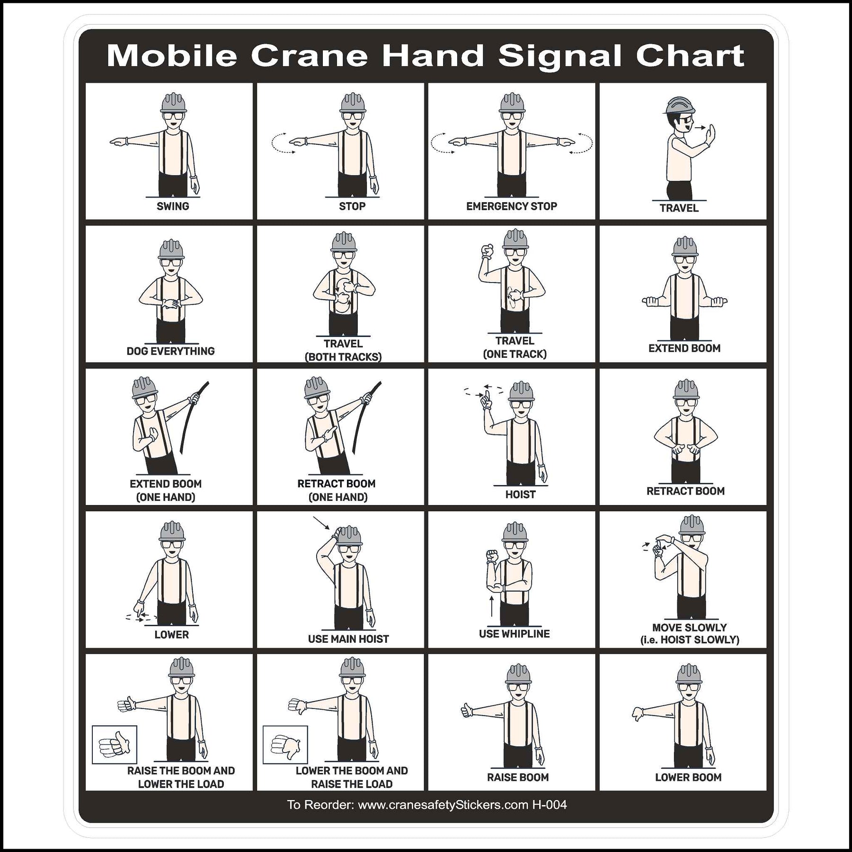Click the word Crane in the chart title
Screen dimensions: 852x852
[309, 56]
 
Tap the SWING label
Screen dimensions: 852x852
[173, 206]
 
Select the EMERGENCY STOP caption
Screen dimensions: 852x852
[511, 206]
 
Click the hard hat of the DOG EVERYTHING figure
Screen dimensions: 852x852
[171, 249]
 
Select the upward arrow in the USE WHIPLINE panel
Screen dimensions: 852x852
[492, 606]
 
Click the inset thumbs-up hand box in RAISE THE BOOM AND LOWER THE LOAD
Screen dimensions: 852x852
[115, 745]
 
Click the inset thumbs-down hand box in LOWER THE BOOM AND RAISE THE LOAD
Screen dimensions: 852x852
[285, 745]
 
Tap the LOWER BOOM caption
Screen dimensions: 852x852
[688, 777]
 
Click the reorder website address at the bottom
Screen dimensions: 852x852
[443, 805]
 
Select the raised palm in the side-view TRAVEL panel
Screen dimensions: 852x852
[710, 134]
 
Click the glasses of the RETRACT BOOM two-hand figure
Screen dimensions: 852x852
[686, 403]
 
